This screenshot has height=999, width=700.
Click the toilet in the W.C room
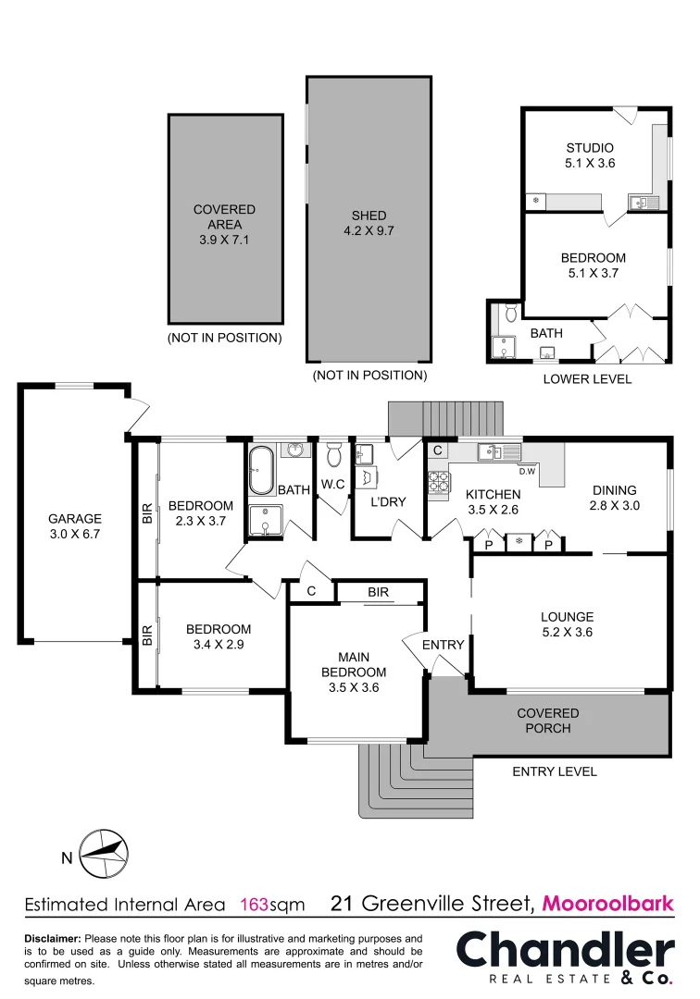(334, 456)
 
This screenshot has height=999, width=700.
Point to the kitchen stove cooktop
(438, 482)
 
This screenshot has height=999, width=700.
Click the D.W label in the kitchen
(528, 471)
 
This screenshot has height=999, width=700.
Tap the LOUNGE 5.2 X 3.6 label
(568, 624)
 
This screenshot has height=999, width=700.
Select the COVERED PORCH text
(548, 721)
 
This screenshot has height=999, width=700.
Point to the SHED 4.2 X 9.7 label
(368, 223)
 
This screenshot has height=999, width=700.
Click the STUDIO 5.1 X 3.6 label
(590, 155)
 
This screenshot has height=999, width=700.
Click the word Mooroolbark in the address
(608, 903)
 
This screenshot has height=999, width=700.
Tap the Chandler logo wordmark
(566, 950)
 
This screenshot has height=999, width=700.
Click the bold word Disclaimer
(53, 938)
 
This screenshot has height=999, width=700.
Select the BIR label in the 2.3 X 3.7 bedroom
(147, 513)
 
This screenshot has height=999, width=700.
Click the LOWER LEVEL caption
(587, 379)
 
